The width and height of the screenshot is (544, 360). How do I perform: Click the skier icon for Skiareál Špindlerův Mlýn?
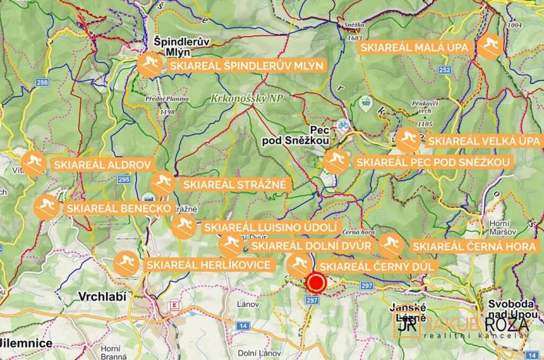[150, 66]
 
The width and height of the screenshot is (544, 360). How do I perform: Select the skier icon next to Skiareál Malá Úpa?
[489, 48]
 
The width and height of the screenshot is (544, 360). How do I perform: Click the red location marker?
[315, 282]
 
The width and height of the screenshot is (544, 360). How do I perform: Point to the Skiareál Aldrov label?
[102, 164]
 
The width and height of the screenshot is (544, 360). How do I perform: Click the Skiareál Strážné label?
[234, 184]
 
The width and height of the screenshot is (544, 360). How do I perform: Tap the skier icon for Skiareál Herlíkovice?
[126, 264]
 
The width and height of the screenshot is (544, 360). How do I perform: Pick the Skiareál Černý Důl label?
[377, 266]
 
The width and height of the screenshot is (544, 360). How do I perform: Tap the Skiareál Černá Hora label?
[475, 245]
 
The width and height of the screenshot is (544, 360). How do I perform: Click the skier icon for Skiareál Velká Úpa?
[408, 141]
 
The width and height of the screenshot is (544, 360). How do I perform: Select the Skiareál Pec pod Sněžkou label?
[432, 162]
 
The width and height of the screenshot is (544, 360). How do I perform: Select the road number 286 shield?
[42, 82]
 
